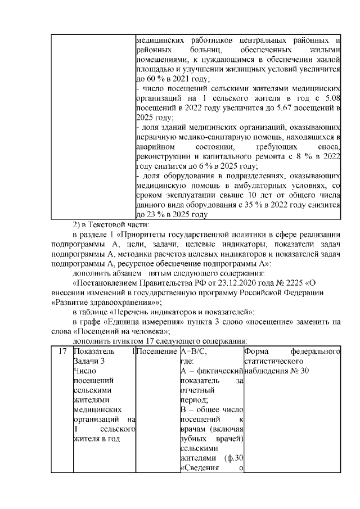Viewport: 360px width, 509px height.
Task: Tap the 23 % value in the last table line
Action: pos(151,214)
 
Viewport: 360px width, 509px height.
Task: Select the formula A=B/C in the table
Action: pos(192,352)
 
